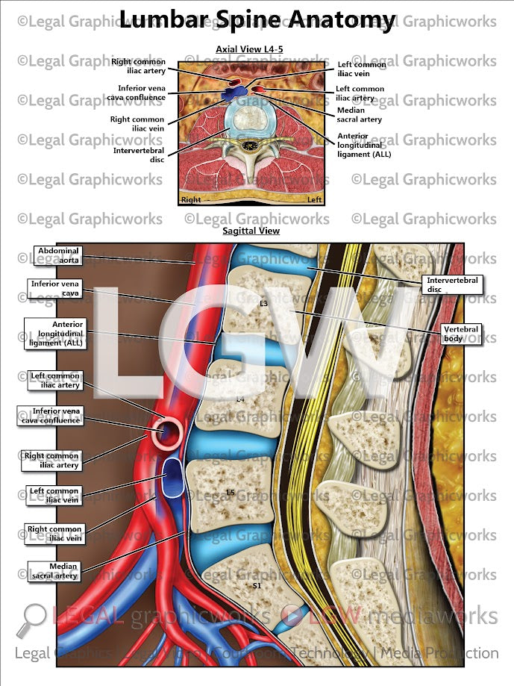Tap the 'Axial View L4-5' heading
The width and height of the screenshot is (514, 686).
(x=249, y=49)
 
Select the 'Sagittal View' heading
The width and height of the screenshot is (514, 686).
(x=251, y=231)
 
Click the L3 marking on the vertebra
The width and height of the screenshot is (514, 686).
(x=263, y=304)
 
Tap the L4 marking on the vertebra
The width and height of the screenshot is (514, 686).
(x=240, y=399)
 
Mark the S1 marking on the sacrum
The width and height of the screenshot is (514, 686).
(x=256, y=586)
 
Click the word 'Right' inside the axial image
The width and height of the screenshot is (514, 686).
(x=191, y=200)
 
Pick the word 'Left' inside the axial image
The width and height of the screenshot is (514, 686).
(x=315, y=200)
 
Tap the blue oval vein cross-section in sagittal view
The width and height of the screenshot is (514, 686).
(x=174, y=478)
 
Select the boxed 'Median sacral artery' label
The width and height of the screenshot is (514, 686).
(x=53, y=571)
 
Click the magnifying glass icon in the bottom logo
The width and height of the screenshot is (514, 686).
(x=31, y=618)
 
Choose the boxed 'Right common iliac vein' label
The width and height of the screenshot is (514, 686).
(x=54, y=533)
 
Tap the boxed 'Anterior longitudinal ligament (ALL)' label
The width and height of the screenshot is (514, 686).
(x=54, y=334)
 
